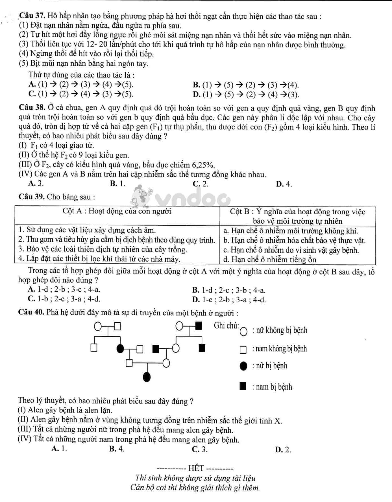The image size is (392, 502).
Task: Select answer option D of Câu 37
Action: click(x=245, y=94)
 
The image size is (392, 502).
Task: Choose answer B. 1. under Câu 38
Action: click(x=117, y=184)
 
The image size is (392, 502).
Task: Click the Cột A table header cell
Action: click(x=117, y=212)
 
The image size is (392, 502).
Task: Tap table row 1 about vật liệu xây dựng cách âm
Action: click(x=87, y=230)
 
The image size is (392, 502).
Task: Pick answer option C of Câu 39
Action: click(x=64, y=299)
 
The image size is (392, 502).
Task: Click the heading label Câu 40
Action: click(x=31, y=312)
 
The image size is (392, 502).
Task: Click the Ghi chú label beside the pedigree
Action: click(x=226, y=325)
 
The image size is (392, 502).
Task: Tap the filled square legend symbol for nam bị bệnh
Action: click(x=243, y=386)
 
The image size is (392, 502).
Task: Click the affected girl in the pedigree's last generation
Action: click(x=147, y=376)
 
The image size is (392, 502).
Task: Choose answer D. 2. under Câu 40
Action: click(x=283, y=450)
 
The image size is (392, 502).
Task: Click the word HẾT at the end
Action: click(x=196, y=468)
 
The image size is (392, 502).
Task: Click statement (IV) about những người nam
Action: click(x=129, y=439)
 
